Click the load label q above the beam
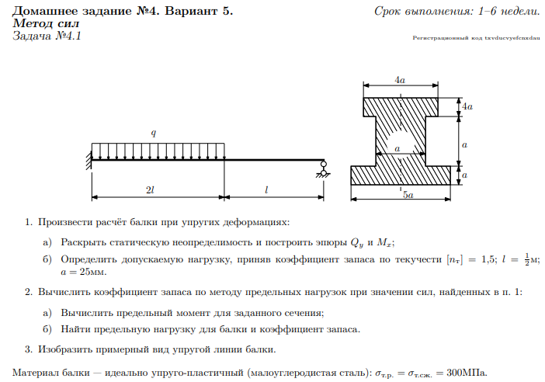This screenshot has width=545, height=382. pyautogui.click(x=154, y=134)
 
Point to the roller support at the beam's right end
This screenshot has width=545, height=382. pyautogui.click(x=322, y=167)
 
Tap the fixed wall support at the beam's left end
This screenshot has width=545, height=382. pyautogui.click(x=89, y=160)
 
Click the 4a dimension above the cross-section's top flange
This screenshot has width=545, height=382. pyautogui.click(x=400, y=80)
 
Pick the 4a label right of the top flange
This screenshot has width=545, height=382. pyautogui.click(x=467, y=104)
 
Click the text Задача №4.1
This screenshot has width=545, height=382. pyautogui.click(x=47, y=36)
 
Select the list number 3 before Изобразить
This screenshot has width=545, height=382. pyautogui.click(x=29, y=349)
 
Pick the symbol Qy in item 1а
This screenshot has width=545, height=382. pyautogui.click(x=355, y=242)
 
